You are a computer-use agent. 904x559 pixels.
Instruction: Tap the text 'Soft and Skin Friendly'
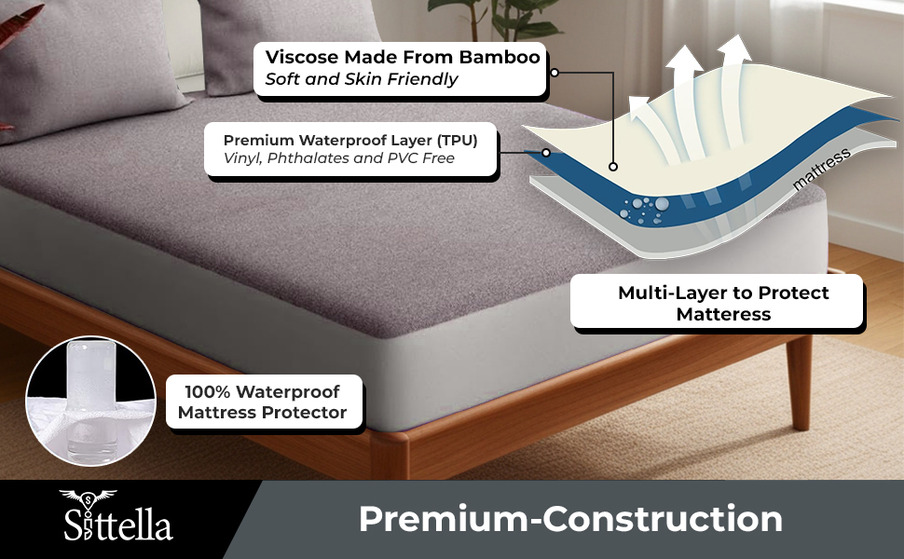click(x=362, y=79)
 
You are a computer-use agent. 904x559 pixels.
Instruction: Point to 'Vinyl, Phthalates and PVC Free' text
click(x=339, y=158)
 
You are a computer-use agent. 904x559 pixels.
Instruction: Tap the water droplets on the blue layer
click(x=647, y=207)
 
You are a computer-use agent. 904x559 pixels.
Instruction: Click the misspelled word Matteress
click(x=724, y=314)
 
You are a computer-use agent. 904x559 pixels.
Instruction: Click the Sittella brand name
click(x=118, y=527)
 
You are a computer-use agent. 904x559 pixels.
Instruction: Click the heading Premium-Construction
click(x=570, y=520)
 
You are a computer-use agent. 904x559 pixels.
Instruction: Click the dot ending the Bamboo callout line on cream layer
click(x=613, y=167)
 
